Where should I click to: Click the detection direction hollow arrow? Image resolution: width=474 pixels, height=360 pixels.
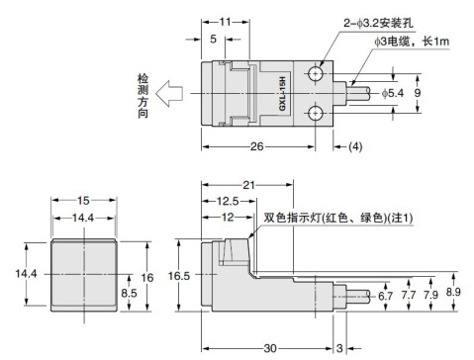(169, 94)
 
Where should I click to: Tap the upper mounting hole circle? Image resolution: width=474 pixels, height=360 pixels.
(316, 73)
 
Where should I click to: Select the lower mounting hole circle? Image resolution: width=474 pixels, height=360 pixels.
(316, 114)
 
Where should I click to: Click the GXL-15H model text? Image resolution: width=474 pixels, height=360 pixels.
(282, 94)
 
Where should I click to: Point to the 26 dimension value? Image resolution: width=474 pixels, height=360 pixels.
(257, 146)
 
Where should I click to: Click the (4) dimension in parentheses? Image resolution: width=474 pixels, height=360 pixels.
(355, 146)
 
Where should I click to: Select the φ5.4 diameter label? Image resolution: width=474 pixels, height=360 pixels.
(393, 93)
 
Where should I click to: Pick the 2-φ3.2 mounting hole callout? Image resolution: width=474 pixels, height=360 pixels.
(378, 23)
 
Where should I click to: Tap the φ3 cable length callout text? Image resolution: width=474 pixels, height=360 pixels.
(412, 42)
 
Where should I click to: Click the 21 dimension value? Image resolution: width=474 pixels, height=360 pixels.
(248, 185)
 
